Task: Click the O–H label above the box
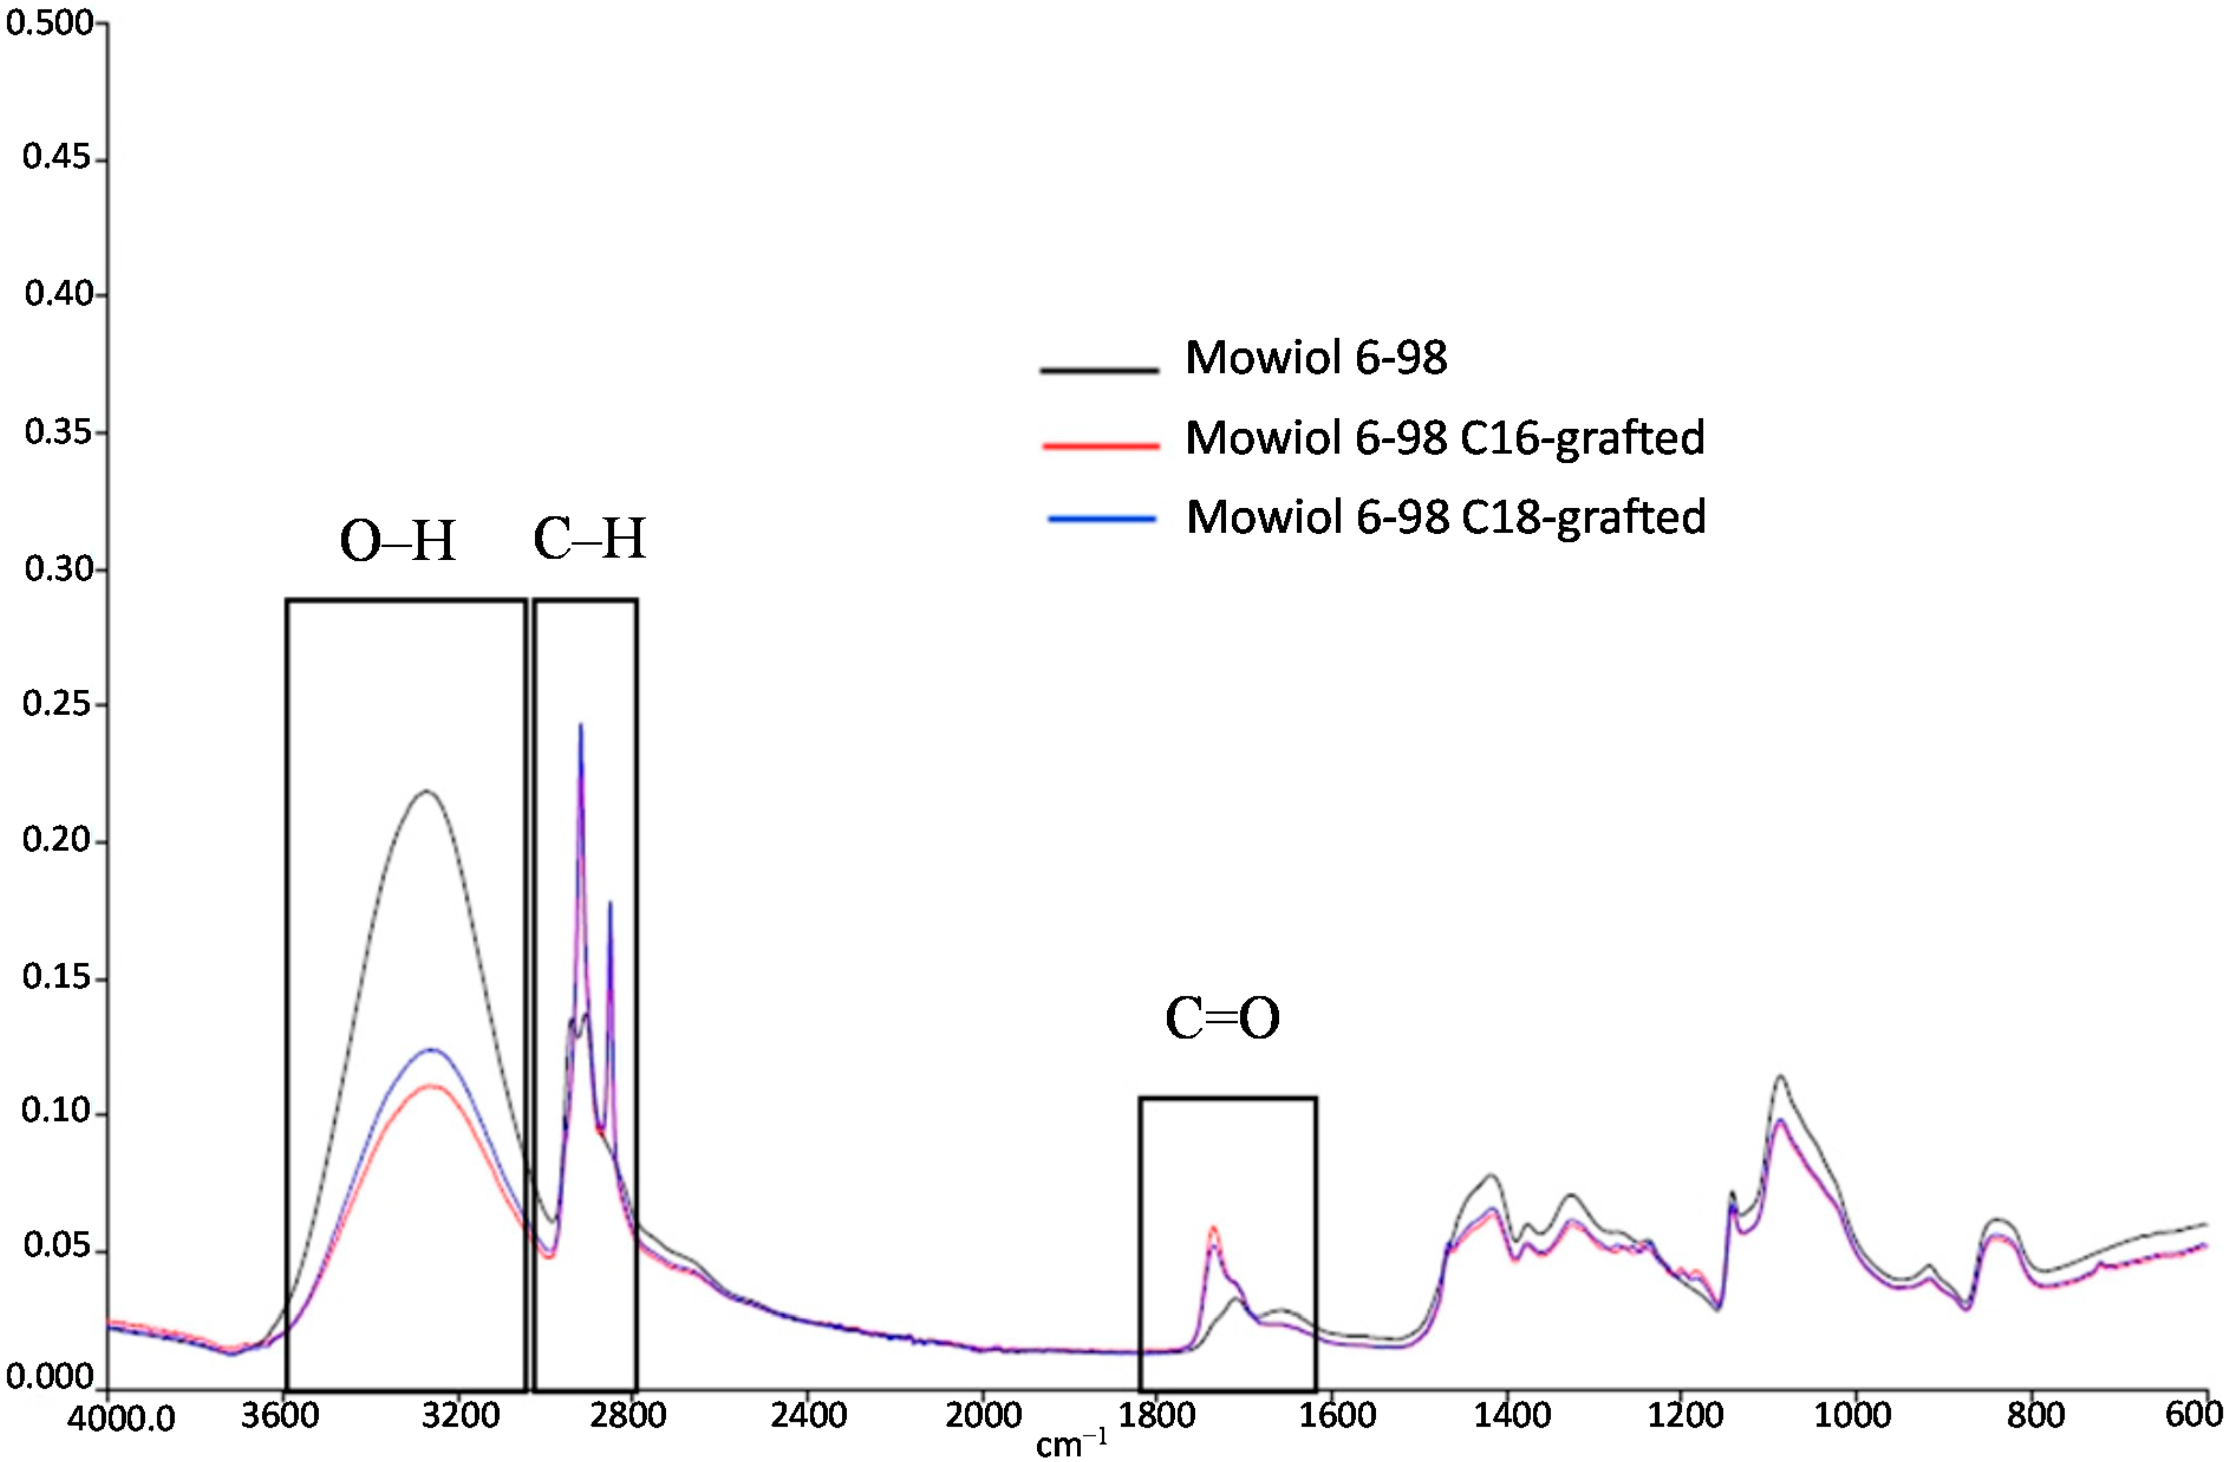click(397, 541)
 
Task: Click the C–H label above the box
click(589, 539)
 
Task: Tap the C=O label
click(1222, 1019)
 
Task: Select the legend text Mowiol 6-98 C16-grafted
click(1444, 438)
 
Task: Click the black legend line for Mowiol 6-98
click(1099, 371)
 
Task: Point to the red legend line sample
click(1101, 447)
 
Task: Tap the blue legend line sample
click(1103, 519)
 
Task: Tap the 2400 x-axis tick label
click(808, 1415)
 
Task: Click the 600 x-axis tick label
click(2192, 1415)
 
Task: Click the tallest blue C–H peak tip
click(581, 724)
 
